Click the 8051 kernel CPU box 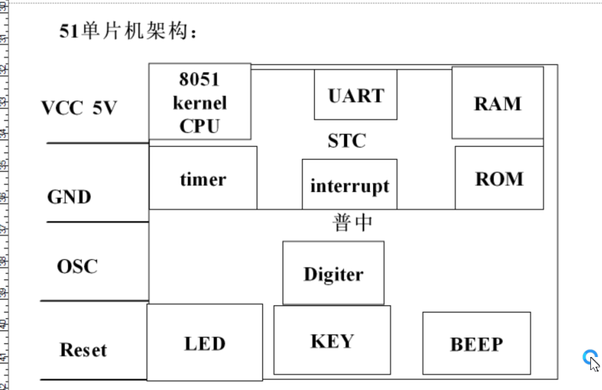click(199, 102)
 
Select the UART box click(355, 95)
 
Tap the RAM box click(497, 103)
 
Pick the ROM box click(499, 178)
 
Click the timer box click(203, 179)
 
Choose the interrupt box click(350, 185)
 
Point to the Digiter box click(333, 273)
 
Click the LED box click(205, 343)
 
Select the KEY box click(332, 340)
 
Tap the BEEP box click(476, 343)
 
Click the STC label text click(347, 140)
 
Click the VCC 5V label click(79, 107)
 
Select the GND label click(69, 196)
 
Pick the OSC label click(77, 266)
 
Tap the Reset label click(83, 350)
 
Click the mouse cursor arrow click(594, 363)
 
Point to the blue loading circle click(589, 356)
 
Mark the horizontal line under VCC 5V click(97, 143)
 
